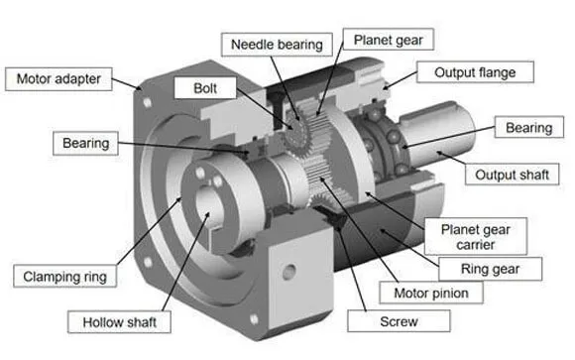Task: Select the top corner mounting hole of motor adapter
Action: click(x=149, y=101)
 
